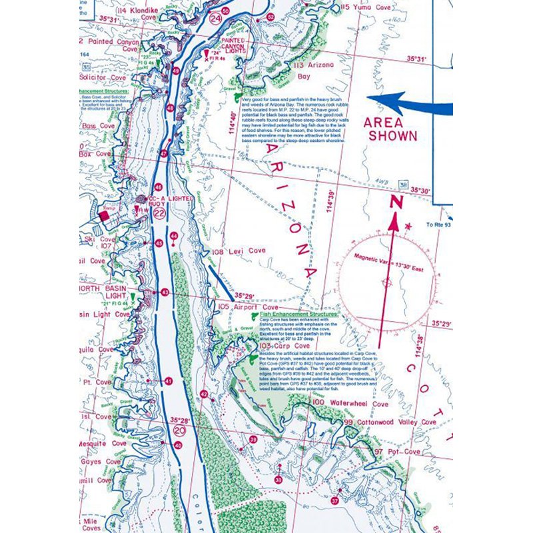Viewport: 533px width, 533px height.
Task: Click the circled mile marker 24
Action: pos(215,19)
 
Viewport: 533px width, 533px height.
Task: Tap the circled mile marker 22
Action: pos(159,213)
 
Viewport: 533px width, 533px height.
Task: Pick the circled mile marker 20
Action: pos(178,431)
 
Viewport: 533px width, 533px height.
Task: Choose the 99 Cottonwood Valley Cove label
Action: pos(390,422)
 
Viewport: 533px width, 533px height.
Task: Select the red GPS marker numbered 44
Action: pos(174,236)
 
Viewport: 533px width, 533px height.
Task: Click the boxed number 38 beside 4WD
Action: pos(402,183)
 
